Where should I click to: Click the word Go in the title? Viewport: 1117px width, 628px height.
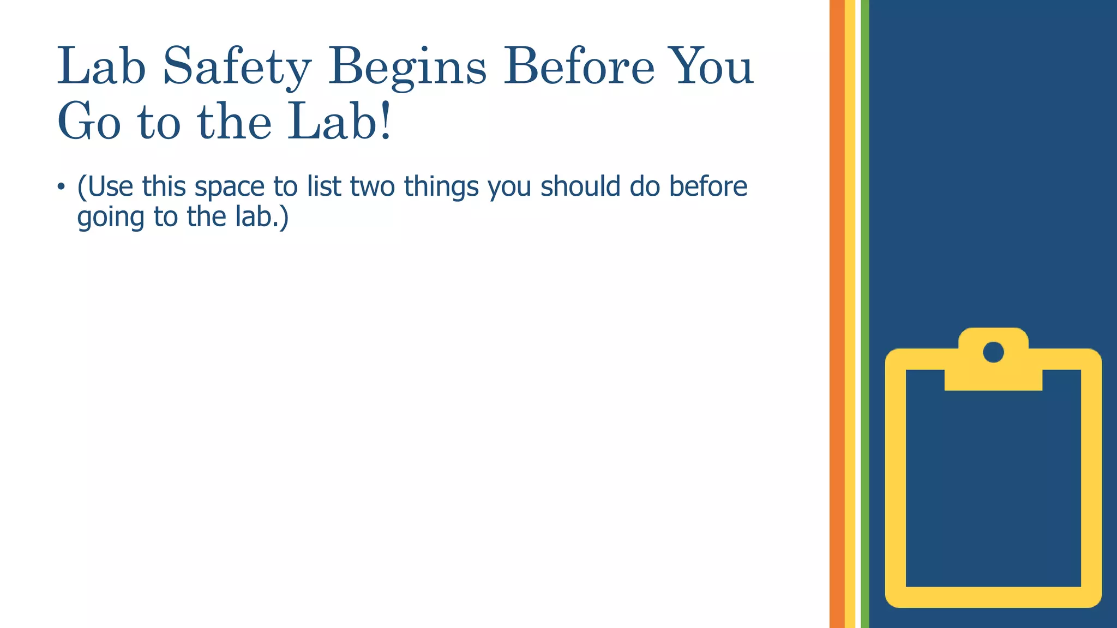[x=89, y=121]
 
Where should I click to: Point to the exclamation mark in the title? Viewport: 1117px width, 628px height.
[x=386, y=120]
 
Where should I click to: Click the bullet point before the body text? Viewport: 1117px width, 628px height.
[x=61, y=187]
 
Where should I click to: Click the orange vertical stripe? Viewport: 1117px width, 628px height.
[x=837, y=314]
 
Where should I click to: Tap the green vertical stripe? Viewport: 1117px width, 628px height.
[x=865, y=314]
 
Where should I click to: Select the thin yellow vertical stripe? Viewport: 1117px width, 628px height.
[x=850, y=314]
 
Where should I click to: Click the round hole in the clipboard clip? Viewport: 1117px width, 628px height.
[x=993, y=352]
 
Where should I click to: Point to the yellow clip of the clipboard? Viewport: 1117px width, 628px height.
[x=993, y=376]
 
